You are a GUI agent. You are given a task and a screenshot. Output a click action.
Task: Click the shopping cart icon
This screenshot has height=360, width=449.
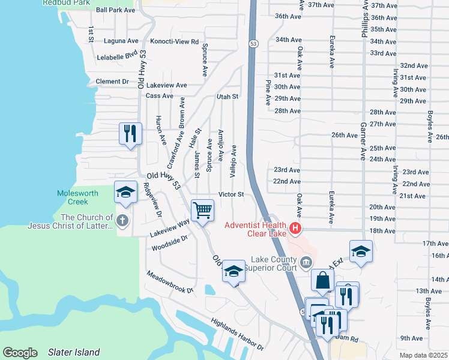click(202, 211)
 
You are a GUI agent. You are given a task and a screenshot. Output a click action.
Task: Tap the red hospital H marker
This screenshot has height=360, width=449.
click(295, 228)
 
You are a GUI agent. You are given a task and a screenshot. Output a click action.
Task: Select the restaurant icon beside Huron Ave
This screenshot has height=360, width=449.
click(130, 133)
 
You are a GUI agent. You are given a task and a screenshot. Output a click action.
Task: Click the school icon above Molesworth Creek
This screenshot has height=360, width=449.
click(125, 192)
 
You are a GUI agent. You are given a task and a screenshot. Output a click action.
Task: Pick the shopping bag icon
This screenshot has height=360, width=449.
click(323, 280)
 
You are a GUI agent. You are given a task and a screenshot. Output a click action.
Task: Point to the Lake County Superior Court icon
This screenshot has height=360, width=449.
click(306, 261)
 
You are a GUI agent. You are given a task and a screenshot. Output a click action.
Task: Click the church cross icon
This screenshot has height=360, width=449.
click(122, 220)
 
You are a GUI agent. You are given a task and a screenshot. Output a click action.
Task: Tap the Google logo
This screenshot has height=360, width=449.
click(20, 353)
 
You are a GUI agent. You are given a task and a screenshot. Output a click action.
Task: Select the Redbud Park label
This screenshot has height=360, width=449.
click(66, 2)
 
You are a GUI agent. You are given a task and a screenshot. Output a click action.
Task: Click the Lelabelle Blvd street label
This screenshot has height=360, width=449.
click(117, 57)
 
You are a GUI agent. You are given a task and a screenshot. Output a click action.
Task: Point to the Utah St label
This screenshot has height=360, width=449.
click(228, 96)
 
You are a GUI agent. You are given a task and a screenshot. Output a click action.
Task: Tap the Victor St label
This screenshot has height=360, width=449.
click(231, 194)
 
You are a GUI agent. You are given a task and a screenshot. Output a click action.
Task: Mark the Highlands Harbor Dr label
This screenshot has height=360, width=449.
click(237, 334)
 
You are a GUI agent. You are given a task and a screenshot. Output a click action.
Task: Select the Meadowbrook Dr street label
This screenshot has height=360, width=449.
click(170, 281)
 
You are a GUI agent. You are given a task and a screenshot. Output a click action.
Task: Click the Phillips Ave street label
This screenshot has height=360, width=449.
click(364, 19)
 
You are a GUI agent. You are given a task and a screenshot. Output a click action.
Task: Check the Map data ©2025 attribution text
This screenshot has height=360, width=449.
click(423, 355)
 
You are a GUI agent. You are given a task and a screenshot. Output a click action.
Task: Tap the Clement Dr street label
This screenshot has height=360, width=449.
click(112, 81)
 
